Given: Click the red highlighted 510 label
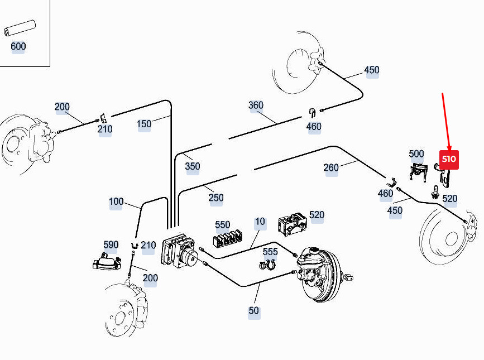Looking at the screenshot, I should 449,159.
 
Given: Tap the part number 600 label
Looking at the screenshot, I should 18,46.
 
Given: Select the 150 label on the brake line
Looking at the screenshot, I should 144,123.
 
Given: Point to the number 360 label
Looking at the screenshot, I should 256,105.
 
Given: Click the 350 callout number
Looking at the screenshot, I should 192,166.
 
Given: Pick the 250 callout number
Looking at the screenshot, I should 215,198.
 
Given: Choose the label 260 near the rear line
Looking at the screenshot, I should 331,167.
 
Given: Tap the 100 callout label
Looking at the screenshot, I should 116,201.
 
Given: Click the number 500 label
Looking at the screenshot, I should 416,154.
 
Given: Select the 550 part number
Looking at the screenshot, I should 222,225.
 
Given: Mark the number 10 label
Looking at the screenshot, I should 260,222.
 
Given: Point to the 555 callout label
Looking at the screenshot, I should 270,252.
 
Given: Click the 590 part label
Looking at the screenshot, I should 111,244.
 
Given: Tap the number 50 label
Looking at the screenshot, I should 254,310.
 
